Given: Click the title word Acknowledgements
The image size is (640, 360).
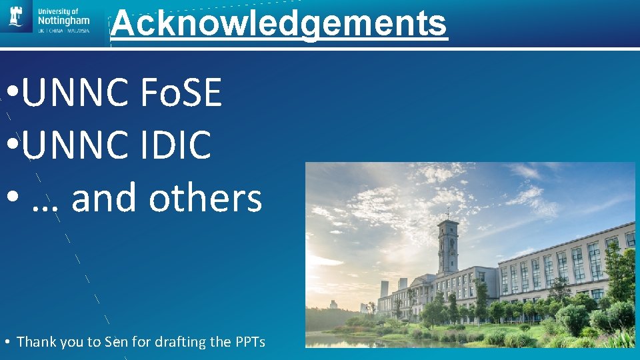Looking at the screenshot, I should (279, 23).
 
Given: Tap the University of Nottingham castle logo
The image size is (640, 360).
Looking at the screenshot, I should (16, 17).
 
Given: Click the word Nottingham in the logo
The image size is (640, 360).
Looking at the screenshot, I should (64, 21).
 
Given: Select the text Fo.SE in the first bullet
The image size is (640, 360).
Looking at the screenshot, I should (181, 93).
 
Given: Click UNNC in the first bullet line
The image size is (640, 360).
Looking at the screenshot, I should (75, 93).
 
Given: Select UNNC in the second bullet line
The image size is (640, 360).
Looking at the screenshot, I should (75, 145).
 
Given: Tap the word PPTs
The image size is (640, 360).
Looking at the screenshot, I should (250, 342).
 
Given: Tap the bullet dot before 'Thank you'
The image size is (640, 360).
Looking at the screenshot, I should (6, 343).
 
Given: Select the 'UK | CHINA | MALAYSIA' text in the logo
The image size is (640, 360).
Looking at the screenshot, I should (64, 31).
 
